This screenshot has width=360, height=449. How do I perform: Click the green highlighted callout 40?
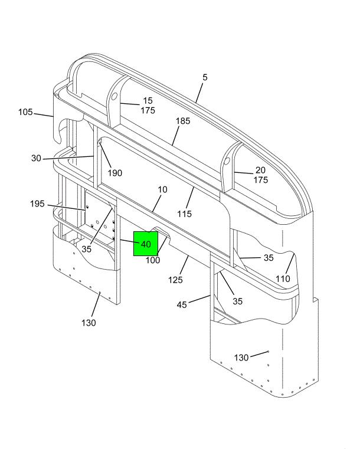146,244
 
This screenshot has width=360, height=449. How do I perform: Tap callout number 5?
205,77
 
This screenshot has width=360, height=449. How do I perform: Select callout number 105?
25,112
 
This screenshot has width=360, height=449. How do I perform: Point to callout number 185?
183,121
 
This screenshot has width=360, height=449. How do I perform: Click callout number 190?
115,173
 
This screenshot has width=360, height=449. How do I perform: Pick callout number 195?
37,204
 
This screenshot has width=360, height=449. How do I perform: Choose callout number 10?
162,189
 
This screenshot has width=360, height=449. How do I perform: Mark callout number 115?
184,214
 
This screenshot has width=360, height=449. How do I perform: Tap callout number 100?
153,260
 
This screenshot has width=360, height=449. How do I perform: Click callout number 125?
175,280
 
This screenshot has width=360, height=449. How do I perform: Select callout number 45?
182,304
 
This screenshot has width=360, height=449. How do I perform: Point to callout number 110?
283,278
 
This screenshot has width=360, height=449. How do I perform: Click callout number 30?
36,158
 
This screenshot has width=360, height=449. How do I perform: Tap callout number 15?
148,101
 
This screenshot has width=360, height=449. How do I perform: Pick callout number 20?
260,170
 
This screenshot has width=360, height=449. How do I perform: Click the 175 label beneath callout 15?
148,110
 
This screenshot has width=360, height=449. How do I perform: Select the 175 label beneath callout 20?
261,180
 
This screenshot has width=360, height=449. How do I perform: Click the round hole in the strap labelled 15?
114,96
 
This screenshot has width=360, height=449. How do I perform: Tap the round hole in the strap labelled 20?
227,161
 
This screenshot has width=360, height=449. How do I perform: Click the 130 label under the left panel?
89,323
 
